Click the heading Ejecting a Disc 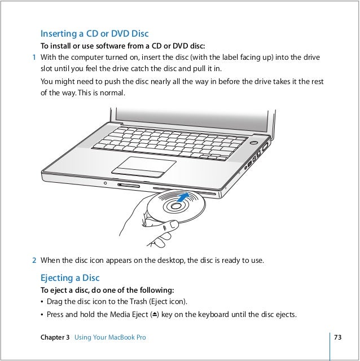70,278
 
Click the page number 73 339,337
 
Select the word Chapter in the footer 54,337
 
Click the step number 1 34,57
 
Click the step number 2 34,261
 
